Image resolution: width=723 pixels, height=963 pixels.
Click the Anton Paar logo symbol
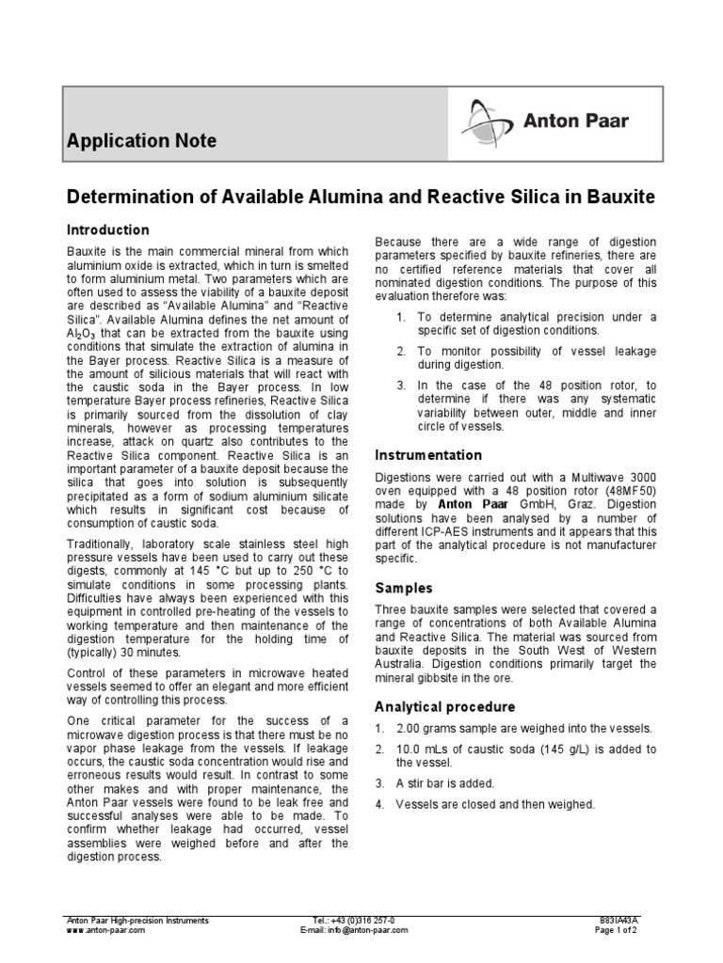click(486, 121)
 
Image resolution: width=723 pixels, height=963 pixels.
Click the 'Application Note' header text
click(141, 141)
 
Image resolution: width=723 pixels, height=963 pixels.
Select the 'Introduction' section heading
click(107, 229)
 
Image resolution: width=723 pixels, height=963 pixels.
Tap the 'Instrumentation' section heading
click(428, 455)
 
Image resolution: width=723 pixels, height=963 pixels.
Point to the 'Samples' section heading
click(404, 588)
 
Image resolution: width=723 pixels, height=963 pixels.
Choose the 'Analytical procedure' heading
click(444, 707)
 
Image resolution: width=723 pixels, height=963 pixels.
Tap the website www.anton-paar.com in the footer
click(104, 929)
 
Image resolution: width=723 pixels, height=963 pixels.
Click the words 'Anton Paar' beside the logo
click(576, 120)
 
